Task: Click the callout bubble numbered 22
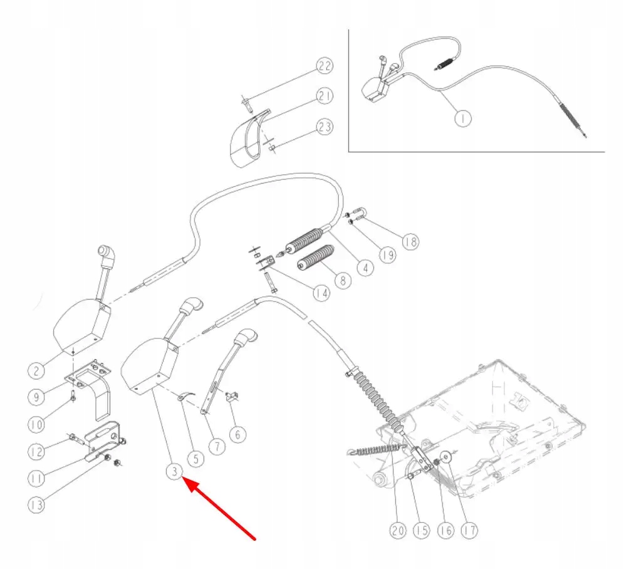point(324,66)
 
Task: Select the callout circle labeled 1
point(462,118)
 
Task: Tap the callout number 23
point(324,127)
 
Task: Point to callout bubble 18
point(410,241)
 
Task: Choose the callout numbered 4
point(365,267)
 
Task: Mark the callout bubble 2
point(36,370)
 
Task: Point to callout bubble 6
point(237,433)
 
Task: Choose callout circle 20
point(398,530)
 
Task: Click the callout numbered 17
point(469,530)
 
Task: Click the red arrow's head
point(184,480)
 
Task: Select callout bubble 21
point(324,96)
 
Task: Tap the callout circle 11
point(36,478)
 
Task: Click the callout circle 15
point(422,530)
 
